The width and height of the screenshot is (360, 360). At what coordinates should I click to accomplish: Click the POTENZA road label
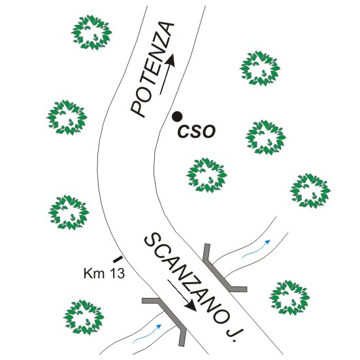[x=152, y=69]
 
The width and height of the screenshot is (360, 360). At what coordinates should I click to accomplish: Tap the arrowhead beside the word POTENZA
[x=171, y=60]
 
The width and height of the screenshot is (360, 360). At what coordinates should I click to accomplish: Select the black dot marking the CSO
[x=178, y=116]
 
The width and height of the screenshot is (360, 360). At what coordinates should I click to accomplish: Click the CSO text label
[x=197, y=131]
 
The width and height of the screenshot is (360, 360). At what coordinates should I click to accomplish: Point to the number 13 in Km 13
[x=117, y=274]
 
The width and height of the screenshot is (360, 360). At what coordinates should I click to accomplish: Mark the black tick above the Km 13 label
[x=118, y=259]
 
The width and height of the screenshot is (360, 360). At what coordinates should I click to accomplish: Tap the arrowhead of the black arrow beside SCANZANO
[x=191, y=306]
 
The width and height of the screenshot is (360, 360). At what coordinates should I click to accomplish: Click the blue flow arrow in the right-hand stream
[x=255, y=249]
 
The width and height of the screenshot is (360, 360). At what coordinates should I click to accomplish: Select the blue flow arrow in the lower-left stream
[x=147, y=334]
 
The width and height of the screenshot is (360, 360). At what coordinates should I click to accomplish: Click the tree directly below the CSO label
[x=206, y=175]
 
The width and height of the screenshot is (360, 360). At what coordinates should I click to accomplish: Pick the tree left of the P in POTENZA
[x=67, y=118]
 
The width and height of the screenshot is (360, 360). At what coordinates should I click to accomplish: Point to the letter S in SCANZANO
[x=152, y=240]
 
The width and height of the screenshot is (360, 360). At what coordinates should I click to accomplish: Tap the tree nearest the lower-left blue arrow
[x=84, y=317]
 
